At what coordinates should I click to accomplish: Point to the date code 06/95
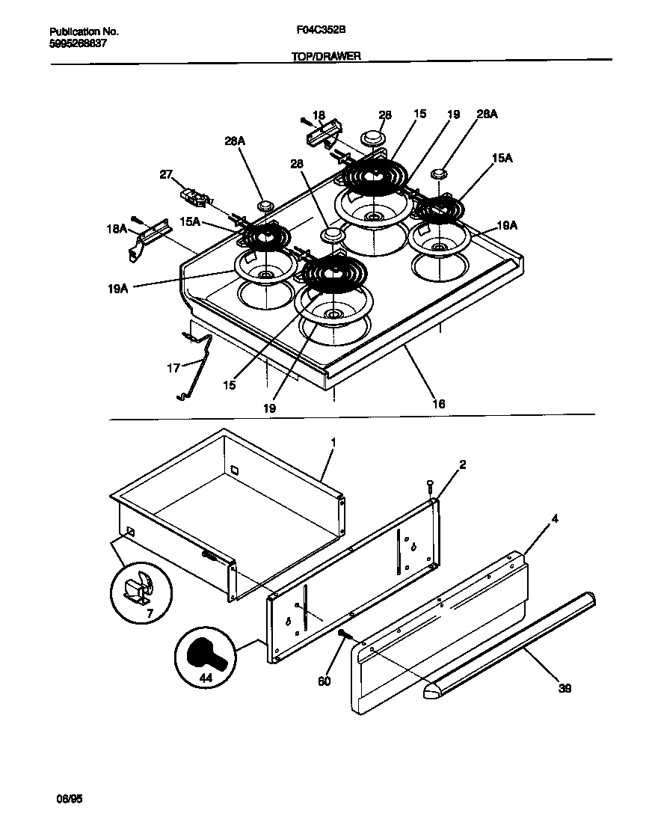pos(68,799)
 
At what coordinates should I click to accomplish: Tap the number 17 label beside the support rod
pos(173,369)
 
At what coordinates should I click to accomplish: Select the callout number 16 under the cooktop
pos(438,403)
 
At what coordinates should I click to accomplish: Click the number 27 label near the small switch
pos(165,175)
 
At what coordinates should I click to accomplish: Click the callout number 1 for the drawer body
pos(333,442)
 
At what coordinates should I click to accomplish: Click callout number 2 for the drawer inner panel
pos(463,464)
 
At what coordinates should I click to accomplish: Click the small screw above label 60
pos(343,634)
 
